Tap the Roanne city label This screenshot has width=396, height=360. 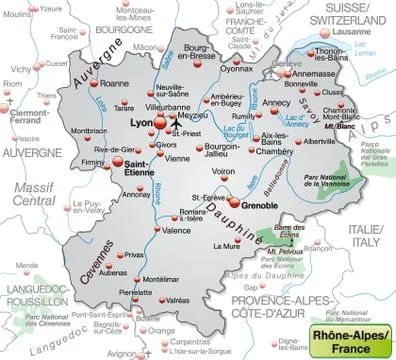pyautogui.click(x=119, y=84)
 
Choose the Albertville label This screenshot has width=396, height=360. pyautogui.click(x=320, y=142)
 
